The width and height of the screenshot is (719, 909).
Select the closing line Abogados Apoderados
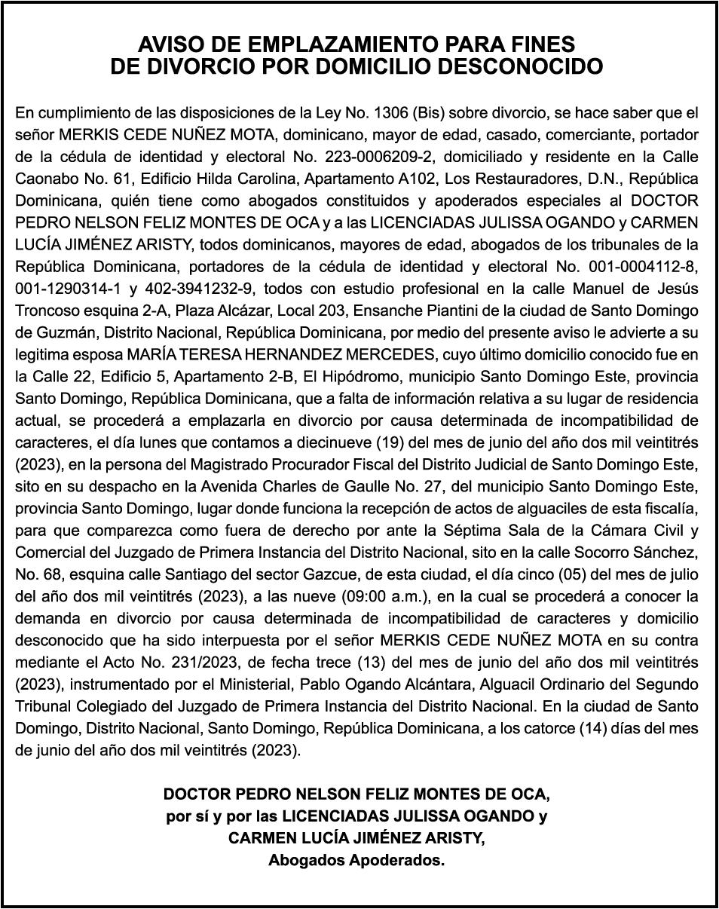click(356, 860)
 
